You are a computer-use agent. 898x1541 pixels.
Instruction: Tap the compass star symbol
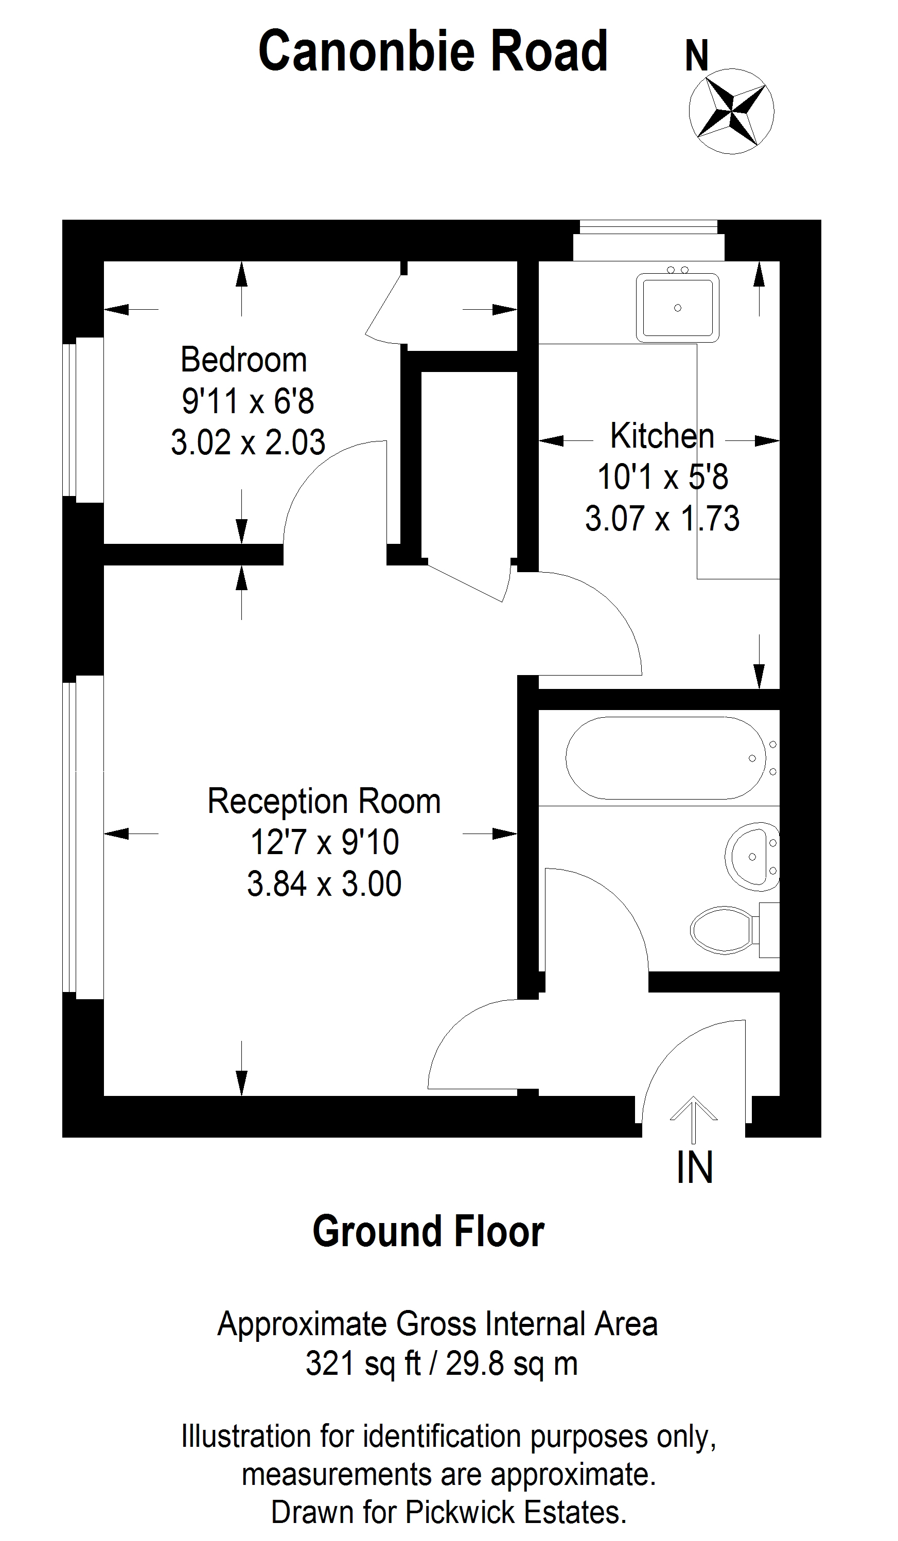click(x=732, y=111)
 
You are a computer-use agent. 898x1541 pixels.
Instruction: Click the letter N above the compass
click(x=697, y=56)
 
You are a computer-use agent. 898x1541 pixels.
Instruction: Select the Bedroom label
click(x=243, y=360)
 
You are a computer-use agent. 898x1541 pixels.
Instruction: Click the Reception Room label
click(x=324, y=801)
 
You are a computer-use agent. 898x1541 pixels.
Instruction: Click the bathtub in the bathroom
click(x=665, y=758)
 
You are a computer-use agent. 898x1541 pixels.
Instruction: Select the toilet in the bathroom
click(x=734, y=930)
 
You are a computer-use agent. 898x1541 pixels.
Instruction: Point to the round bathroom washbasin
click(x=752, y=857)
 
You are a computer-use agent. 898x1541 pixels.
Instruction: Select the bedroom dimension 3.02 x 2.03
click(x=248, y=442)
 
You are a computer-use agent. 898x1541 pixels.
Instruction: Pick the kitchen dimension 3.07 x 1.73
click(x=662, y=519)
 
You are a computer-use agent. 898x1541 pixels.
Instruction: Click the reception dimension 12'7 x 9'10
click(x=325, y=842)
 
